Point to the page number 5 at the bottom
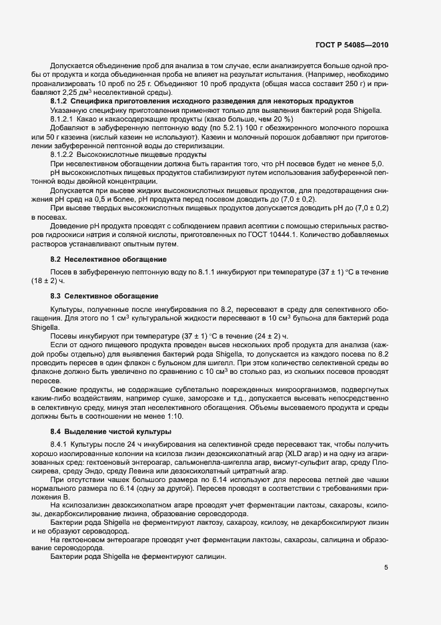pos(386,568)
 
